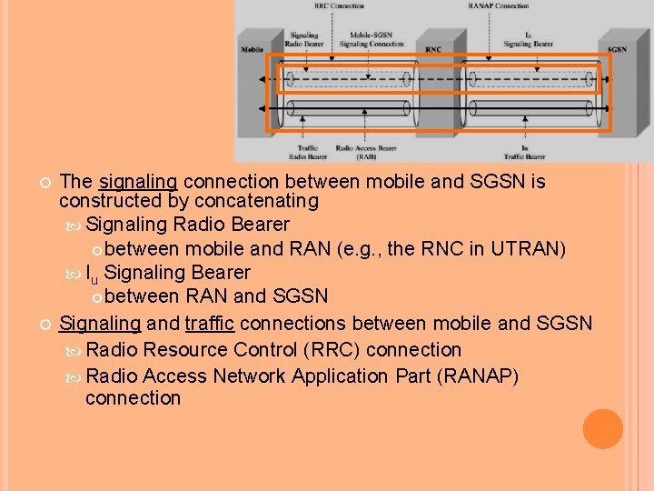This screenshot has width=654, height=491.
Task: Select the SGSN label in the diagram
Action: click(x=617, y=50)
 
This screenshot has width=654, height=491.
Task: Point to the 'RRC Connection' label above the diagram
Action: click(x=339, y=5)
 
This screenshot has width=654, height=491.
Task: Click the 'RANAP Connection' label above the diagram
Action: click(x=499, y=5)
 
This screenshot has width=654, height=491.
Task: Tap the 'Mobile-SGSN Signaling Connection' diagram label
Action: click(x=372, y=39)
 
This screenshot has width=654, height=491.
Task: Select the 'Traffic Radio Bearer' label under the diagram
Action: click(x=307, y=151)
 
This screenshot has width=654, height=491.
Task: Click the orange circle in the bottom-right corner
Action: click(x=603, y=429)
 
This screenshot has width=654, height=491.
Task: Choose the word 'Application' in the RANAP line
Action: click(x=362, y=376)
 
